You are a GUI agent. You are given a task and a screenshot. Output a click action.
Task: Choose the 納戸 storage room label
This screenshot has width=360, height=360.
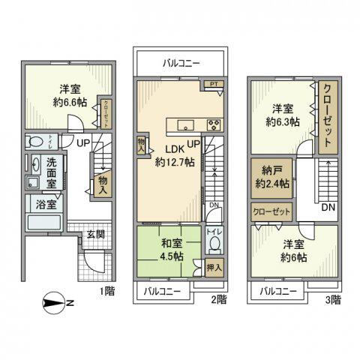click(269, 169)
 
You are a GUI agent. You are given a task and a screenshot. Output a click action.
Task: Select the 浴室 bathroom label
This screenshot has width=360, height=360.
click(40, 202)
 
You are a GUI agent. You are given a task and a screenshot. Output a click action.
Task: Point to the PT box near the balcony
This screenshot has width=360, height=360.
click(214, 85)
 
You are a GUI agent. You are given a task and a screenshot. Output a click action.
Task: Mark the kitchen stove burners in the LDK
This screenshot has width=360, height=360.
click(213, 124)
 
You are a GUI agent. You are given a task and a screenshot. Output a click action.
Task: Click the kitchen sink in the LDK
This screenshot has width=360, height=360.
click(187, 124)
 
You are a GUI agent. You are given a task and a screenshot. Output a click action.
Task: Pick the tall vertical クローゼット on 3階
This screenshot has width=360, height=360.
click(328, 118)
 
